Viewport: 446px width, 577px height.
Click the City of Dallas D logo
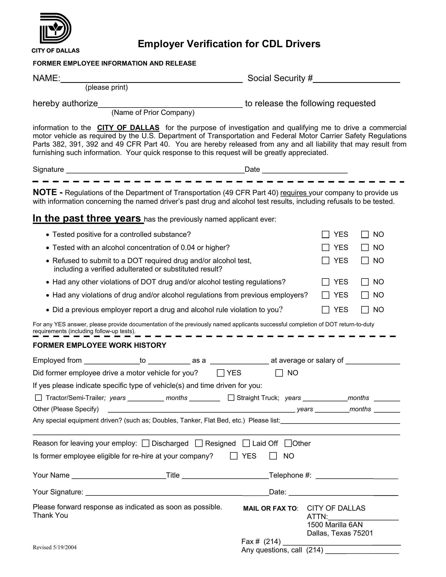coord(55,29)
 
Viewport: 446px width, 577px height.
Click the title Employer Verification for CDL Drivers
coord(229,44)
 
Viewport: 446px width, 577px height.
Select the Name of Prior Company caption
coord(153,113)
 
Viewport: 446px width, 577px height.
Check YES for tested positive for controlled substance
coord(326,235)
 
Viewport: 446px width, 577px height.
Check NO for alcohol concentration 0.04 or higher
coord(365,248)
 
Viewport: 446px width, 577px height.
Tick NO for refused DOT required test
coord(365,261)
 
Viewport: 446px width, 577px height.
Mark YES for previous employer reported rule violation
coord(326,310)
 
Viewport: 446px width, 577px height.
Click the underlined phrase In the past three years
coord(87,218)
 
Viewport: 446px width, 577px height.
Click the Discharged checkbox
coord(146,443)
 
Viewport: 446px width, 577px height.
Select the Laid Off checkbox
coord(246,443)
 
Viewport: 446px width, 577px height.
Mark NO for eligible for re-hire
coord(273,456)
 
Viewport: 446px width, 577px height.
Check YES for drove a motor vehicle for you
coord(221,373)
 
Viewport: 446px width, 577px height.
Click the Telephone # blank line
coord(357,476)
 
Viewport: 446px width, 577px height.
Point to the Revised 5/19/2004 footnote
coord(55,547)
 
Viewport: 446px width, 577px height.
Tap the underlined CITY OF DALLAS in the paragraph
coord(128,128)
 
